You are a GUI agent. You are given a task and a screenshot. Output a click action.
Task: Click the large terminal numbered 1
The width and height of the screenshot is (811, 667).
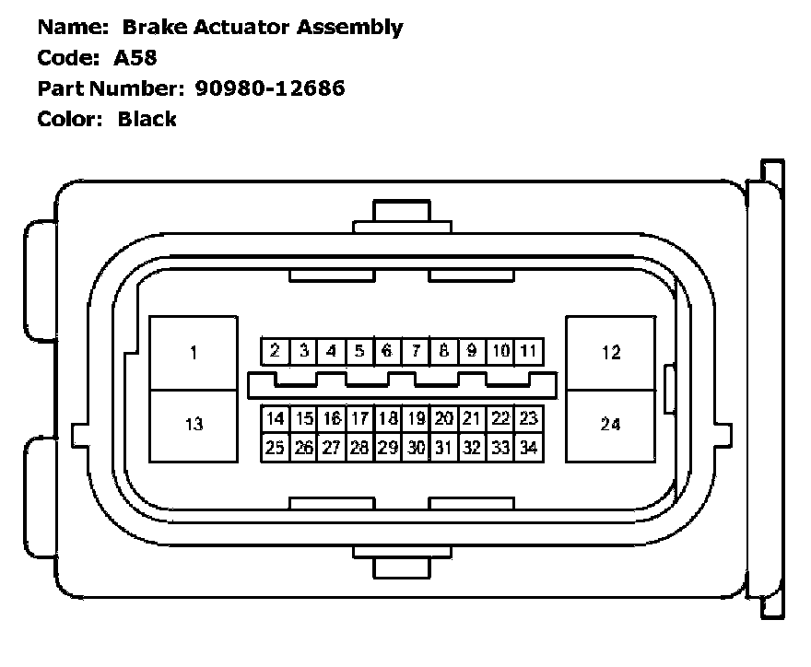click(194, 353)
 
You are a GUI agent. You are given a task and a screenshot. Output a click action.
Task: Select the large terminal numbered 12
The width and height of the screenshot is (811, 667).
click(610, 353)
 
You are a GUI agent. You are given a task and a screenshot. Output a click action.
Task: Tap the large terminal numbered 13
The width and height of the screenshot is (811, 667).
click(194, 425)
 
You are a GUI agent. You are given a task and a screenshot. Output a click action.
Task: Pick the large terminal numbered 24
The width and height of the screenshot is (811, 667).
click(610, 425)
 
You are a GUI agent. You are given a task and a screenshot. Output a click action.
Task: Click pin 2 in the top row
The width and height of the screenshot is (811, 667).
click(275, 351)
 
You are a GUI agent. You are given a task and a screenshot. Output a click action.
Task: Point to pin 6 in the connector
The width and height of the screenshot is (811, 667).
click(387, 351)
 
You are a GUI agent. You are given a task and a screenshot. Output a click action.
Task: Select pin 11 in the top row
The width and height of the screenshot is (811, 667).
click(528, 351)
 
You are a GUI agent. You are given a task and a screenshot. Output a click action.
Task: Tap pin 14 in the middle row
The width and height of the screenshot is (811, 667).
click(275, 419)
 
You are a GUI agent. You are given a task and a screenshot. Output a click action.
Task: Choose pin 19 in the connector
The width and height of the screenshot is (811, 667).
click(416, 419)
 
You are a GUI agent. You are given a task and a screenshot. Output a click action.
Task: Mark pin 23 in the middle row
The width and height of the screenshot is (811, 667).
click(528, 419)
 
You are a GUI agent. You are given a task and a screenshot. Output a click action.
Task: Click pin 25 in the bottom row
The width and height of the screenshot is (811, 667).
click(275, 448)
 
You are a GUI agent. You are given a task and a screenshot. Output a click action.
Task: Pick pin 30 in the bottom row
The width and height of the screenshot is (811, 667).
click(416, 448)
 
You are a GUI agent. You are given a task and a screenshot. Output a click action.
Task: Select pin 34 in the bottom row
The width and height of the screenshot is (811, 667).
click(528, 448)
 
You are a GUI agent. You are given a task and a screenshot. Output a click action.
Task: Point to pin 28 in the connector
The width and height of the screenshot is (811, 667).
click(359, 448)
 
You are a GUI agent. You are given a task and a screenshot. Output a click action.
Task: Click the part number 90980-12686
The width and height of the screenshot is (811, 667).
click(270, 88)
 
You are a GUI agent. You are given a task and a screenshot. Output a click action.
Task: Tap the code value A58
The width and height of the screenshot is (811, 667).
click(136, 57)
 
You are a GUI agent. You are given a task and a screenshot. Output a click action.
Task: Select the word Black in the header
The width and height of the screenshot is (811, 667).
click(147, 119)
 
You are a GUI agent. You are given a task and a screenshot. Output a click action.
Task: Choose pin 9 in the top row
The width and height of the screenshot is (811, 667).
click(472, 351)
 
